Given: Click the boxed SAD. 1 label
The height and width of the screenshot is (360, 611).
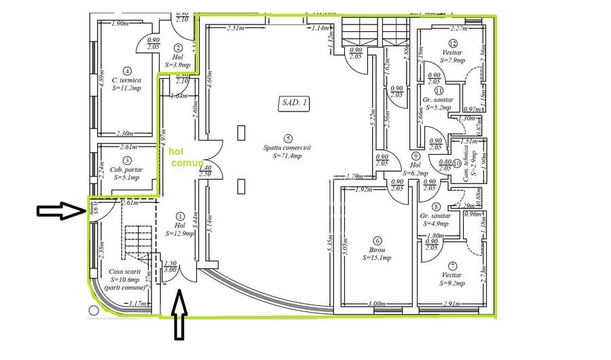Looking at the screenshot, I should [294, 103].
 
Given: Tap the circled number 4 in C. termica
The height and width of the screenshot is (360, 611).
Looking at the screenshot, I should [126, 70].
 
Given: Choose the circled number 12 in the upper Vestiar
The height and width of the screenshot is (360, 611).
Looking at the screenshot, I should [452, 43].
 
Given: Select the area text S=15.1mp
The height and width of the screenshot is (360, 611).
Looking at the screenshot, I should [377, 257].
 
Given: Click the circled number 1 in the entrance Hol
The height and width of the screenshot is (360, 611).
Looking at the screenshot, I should [179, 215].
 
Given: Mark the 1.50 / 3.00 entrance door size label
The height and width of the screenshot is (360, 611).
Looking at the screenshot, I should [170, 266].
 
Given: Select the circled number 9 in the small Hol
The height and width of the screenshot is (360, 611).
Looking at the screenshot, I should [415, 156].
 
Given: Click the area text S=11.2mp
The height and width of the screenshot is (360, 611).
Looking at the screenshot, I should [126, 88].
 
